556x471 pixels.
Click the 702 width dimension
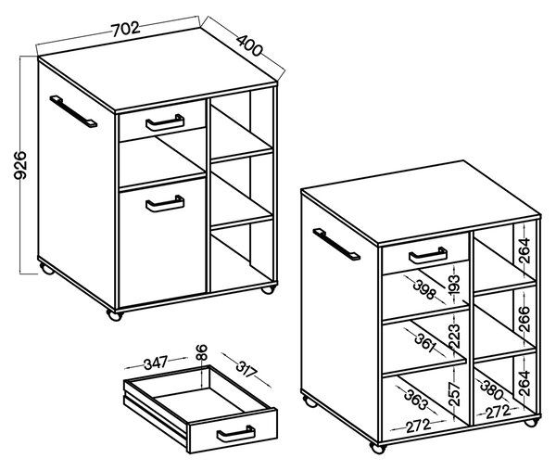(125, 29)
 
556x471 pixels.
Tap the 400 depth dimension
(249, 45)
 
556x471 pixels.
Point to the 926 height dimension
(19, 165)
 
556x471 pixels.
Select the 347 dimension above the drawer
(156, 363)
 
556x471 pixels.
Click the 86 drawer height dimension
(201, 352)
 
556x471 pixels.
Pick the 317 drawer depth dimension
(246, 369)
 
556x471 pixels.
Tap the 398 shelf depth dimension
(423, 289)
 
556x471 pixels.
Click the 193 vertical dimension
(453, 285)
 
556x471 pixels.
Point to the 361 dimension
(424, 342)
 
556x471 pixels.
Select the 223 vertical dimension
(454, 336)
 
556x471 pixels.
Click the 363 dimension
(416, 399)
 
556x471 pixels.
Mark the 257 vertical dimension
(454, 394)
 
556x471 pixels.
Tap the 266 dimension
(524, 319)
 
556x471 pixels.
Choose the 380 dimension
(491, 389)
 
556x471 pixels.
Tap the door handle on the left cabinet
(165, 205)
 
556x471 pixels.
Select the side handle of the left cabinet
(73, 111)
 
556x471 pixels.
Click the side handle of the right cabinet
(336, 245)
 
